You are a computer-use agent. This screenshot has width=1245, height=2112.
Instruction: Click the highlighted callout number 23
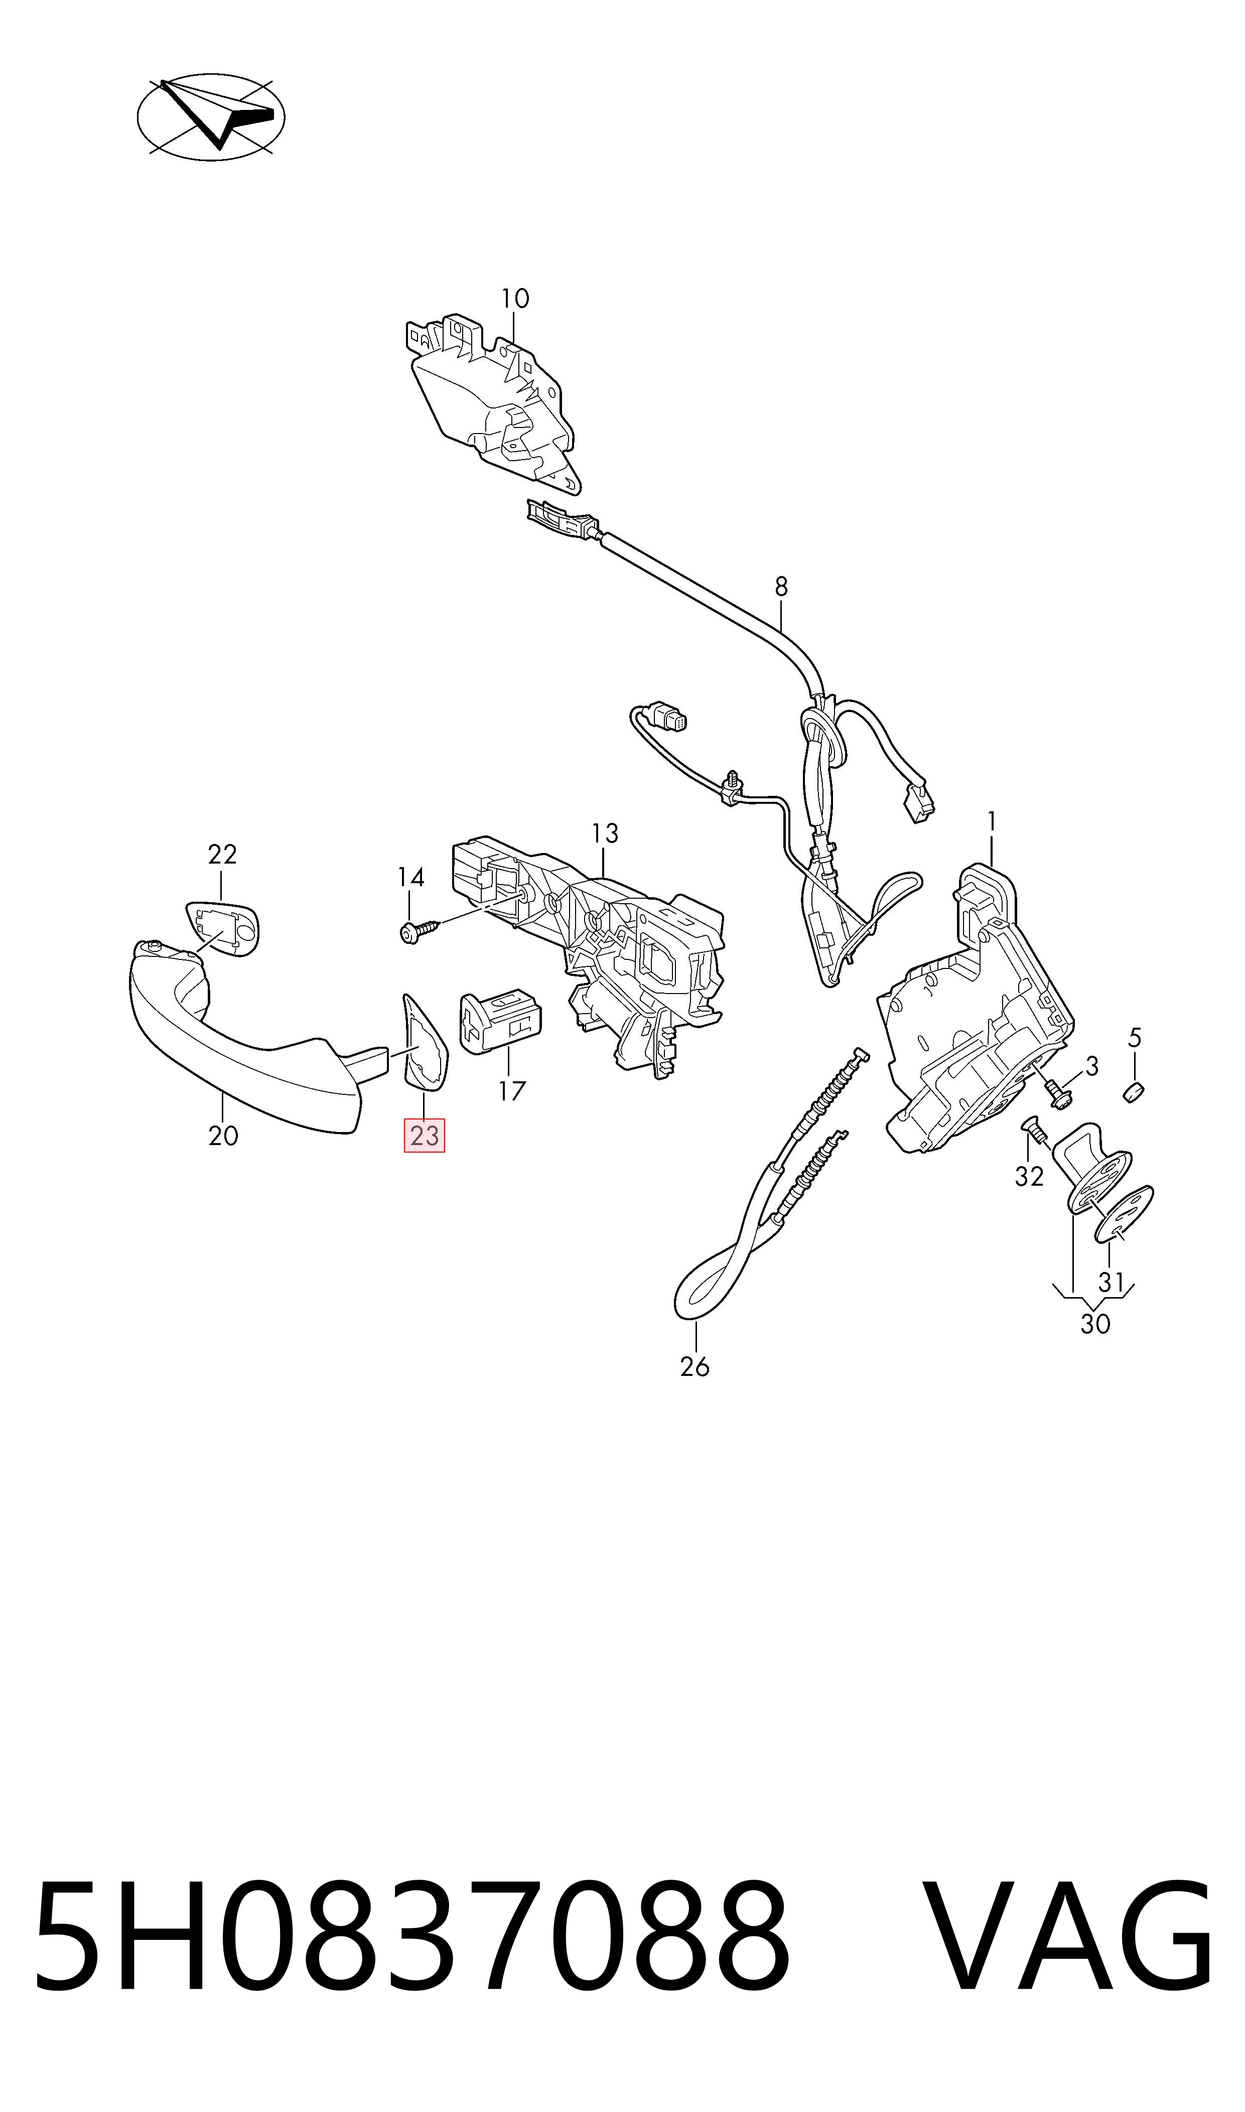[x=425, y=1136]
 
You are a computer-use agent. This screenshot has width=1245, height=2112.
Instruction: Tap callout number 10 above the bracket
[x=515, y=299]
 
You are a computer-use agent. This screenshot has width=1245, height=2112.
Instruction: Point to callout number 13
[x=605, y=834]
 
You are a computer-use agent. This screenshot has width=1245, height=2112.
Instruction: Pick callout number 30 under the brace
[x=1095, y=1324]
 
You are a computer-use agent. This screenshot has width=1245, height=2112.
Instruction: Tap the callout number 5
[x=1134, y=1038]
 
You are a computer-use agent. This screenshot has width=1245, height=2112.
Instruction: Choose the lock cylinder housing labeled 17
[x=500, y=1022]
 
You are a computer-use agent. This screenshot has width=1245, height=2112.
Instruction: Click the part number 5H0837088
[x=411, y=1985]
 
